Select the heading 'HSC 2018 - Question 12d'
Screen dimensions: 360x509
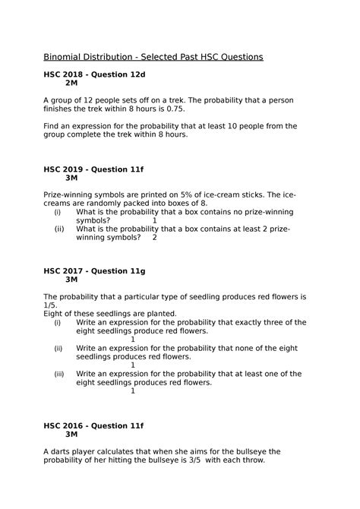(98, 73)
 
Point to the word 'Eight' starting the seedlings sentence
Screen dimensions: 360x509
(55, 314)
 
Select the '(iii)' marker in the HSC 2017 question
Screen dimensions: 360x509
(59, 374)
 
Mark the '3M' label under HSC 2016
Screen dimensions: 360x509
(72, 435)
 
